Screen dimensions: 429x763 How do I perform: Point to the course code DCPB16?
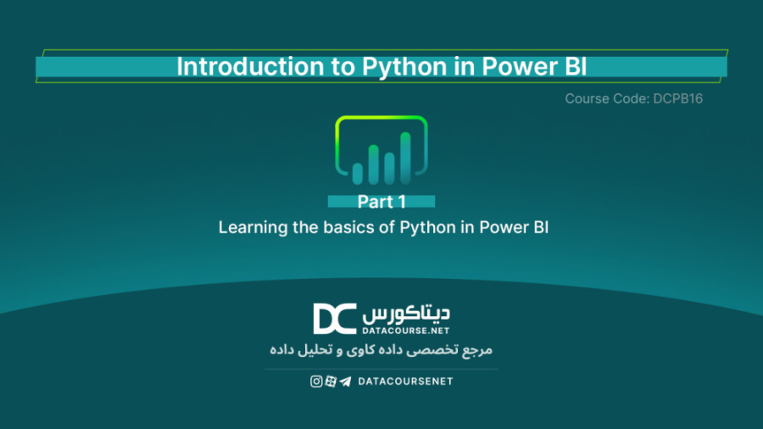678,98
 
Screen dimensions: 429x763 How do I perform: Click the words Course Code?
606,98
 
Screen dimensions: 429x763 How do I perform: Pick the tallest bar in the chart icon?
405,158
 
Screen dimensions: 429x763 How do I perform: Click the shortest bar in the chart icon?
358,173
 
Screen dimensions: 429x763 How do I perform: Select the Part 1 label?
381,202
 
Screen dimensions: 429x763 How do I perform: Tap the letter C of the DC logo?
347,319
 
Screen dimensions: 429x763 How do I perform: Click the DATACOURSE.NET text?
406,328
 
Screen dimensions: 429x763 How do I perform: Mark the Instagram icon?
316,382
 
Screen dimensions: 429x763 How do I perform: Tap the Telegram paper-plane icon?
344,382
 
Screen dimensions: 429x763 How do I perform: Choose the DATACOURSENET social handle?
405,382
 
